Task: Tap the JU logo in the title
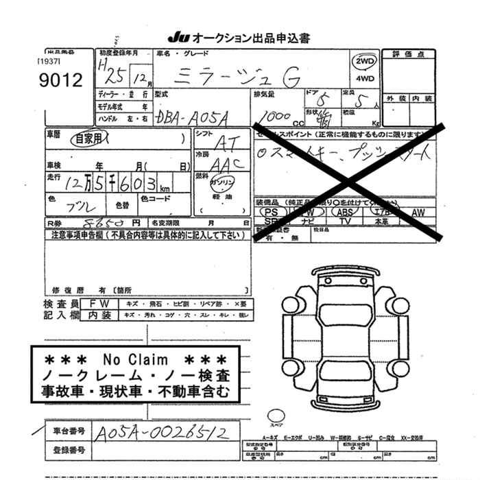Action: [177, 38]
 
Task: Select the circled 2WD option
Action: [364, 62]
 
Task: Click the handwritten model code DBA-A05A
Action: [197, 117]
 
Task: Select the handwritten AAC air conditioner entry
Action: [223, 164]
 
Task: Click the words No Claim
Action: [135, 359]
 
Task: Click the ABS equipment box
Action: [345, 213]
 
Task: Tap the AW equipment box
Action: [419, 213]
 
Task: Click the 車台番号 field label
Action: [69, 431]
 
